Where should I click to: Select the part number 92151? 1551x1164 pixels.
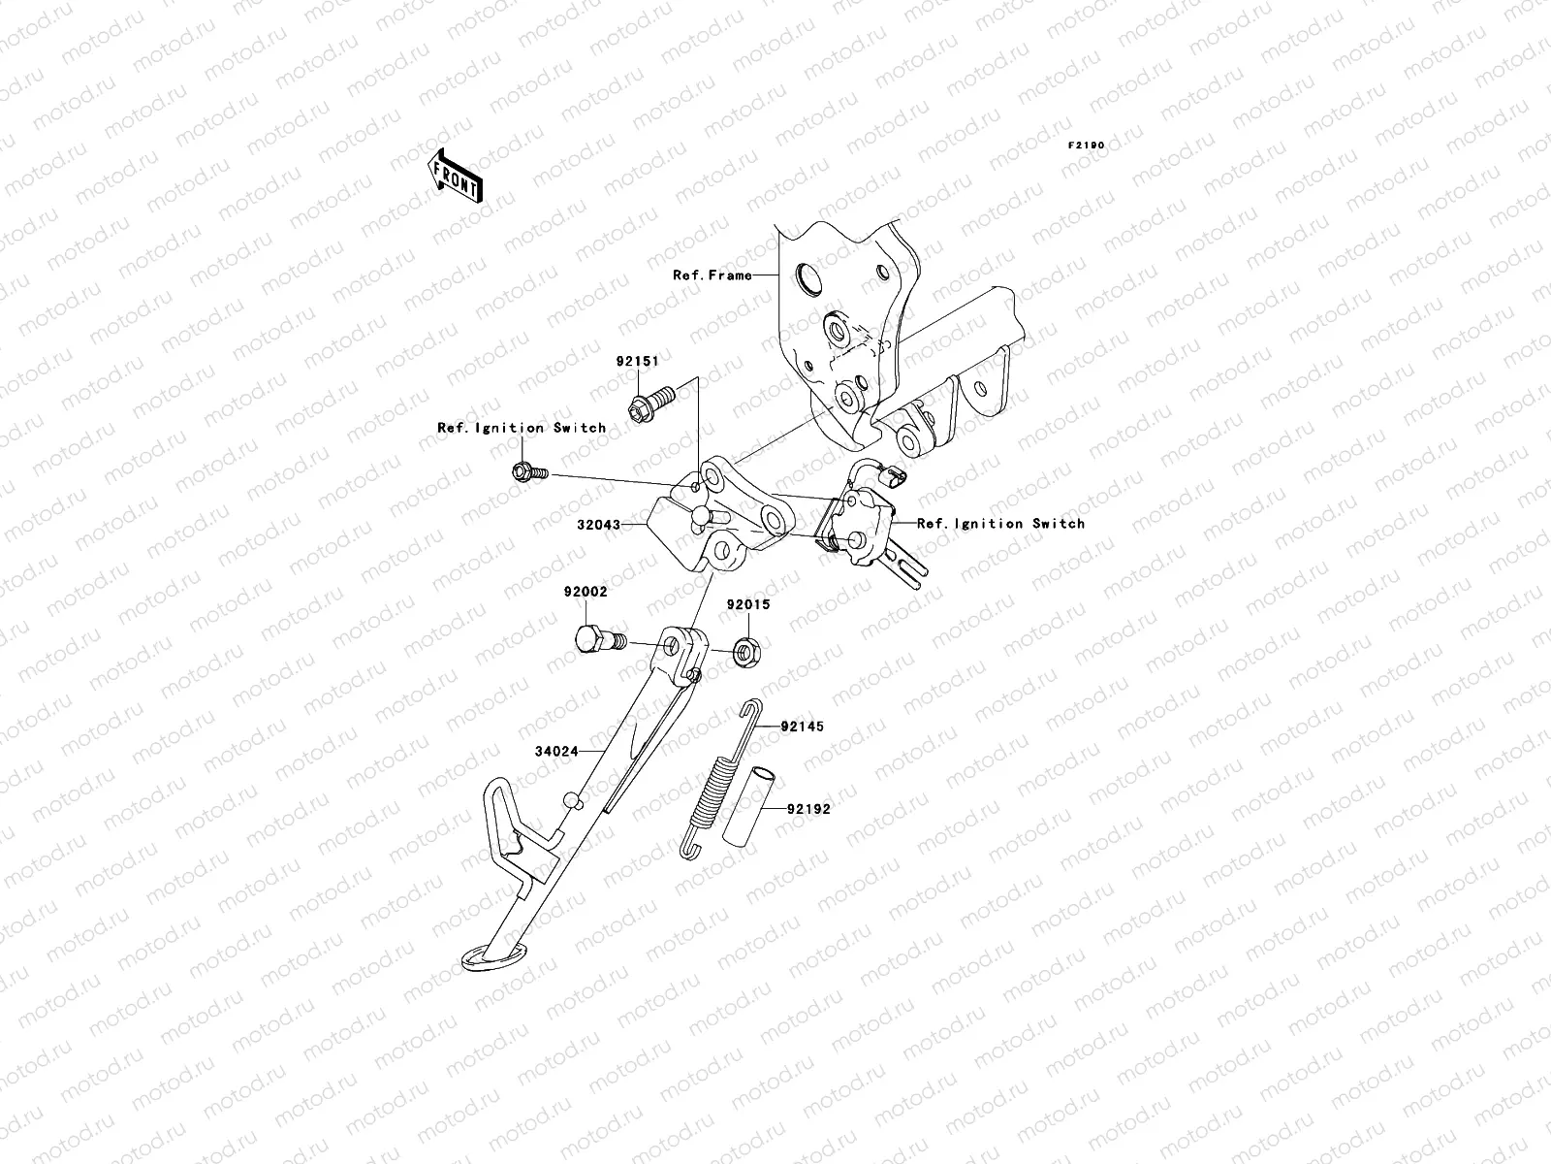637,361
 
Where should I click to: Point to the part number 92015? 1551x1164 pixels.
748,604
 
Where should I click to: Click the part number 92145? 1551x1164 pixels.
803,727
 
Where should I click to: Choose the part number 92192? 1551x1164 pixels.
808,808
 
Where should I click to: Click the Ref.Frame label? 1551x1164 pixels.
712,275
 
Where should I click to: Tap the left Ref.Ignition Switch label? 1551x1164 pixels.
522,428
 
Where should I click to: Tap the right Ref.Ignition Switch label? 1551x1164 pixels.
1000,524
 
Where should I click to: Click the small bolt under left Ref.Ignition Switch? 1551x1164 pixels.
528,472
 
